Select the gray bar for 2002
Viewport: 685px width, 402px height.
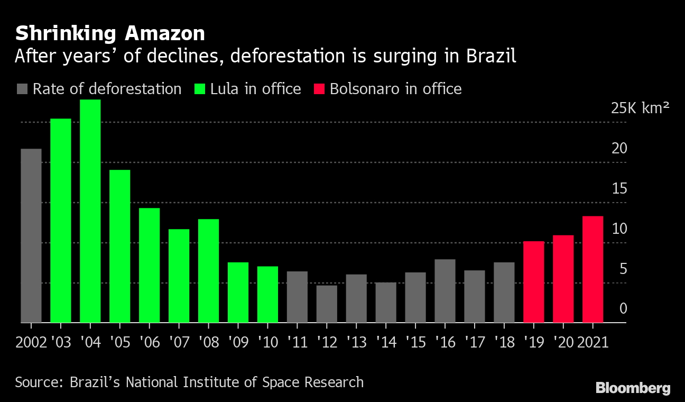point(31,235)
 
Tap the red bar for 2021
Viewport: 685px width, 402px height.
point(593,269)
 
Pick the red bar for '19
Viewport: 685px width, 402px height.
point(533,281)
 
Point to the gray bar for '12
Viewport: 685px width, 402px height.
point(327,304)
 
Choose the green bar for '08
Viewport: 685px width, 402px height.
point(209,270)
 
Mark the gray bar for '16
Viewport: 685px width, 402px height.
point(445,290)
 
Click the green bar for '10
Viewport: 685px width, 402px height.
point(267,294)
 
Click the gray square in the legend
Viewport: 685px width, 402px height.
point(22,89)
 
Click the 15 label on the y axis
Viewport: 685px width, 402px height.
point(619,189)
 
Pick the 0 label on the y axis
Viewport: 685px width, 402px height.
point(623,308)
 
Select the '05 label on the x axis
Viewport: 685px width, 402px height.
point(120,342)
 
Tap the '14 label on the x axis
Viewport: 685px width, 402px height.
point(386,342)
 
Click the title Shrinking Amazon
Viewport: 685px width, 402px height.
point(110,34)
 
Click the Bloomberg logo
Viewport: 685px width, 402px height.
point(633,388)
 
